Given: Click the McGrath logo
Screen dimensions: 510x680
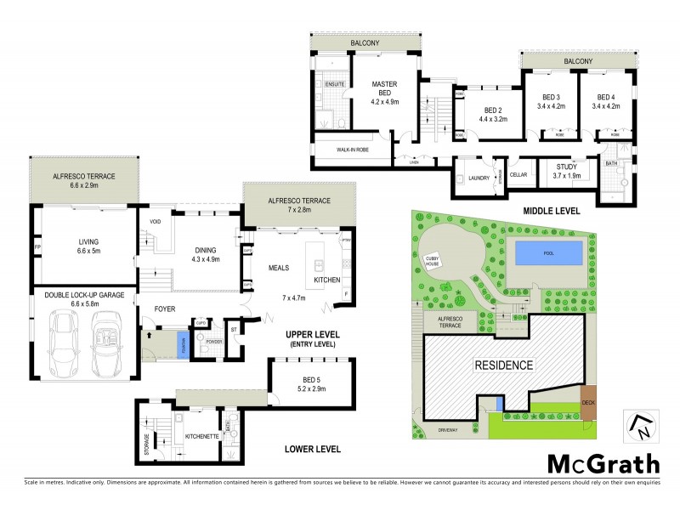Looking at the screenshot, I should coord(602,464).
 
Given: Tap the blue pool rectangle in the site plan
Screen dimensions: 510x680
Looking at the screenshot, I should coord(548,252).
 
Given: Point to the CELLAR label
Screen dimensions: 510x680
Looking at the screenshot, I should coord(518,174).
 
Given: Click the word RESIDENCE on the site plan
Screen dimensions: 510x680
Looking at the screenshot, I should coord(503,365).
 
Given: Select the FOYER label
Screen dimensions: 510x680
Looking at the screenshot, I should coord(164,309).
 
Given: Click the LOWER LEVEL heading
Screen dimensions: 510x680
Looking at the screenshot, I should coord(313,449).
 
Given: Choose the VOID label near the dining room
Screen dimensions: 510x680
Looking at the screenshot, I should coord(155,222).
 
